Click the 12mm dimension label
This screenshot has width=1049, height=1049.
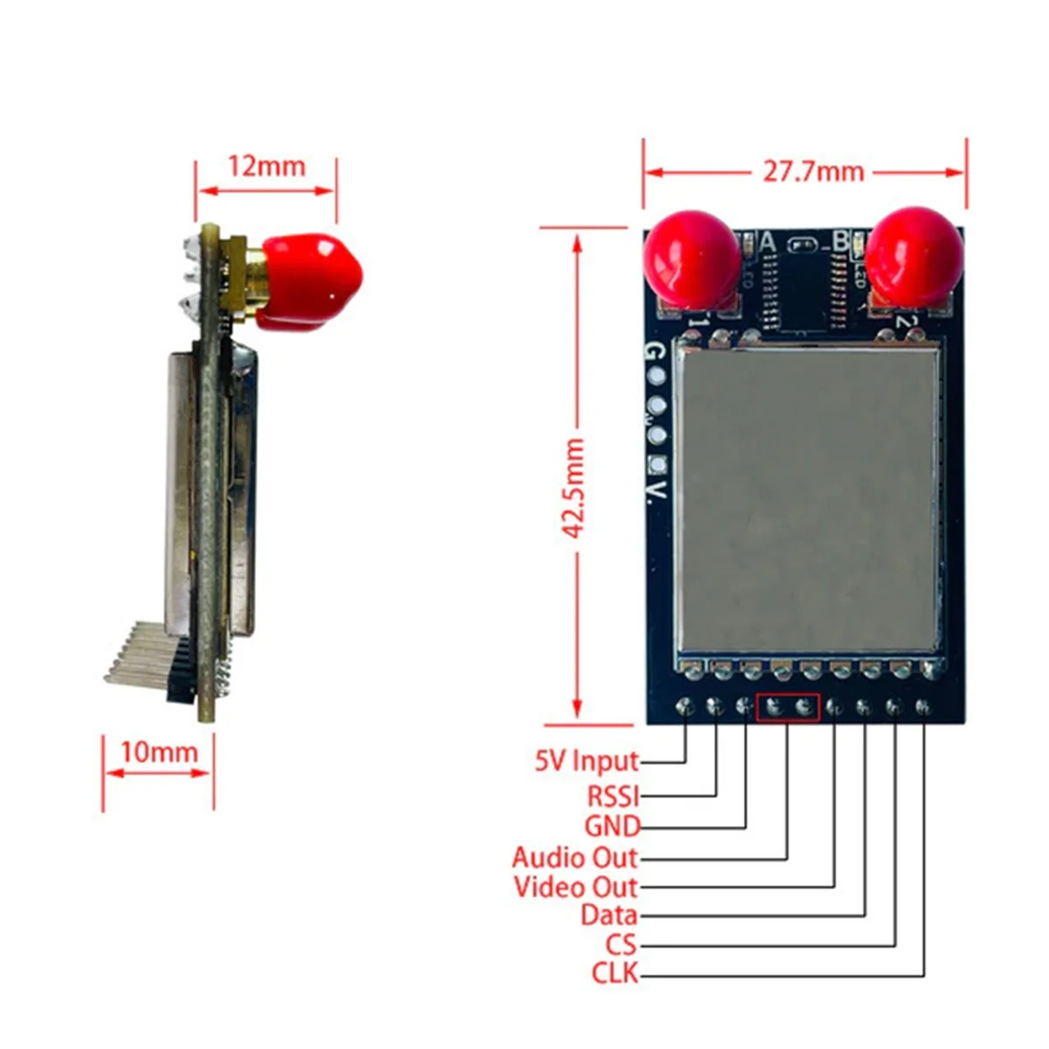267,166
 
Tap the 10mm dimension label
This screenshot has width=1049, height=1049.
158,752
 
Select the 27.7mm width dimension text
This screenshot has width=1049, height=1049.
813,170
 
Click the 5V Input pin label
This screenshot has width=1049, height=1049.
587,761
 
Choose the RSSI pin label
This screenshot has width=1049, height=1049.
613,795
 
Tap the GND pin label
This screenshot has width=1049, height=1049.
612,826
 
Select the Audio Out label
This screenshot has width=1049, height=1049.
575,858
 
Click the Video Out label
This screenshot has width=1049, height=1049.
576,887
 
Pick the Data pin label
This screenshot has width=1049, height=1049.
609,916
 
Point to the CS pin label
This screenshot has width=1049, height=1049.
622,945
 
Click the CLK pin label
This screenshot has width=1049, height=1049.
615,973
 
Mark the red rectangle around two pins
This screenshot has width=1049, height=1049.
788,707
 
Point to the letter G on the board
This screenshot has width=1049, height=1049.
654,353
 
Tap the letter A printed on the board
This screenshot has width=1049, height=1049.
769,240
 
